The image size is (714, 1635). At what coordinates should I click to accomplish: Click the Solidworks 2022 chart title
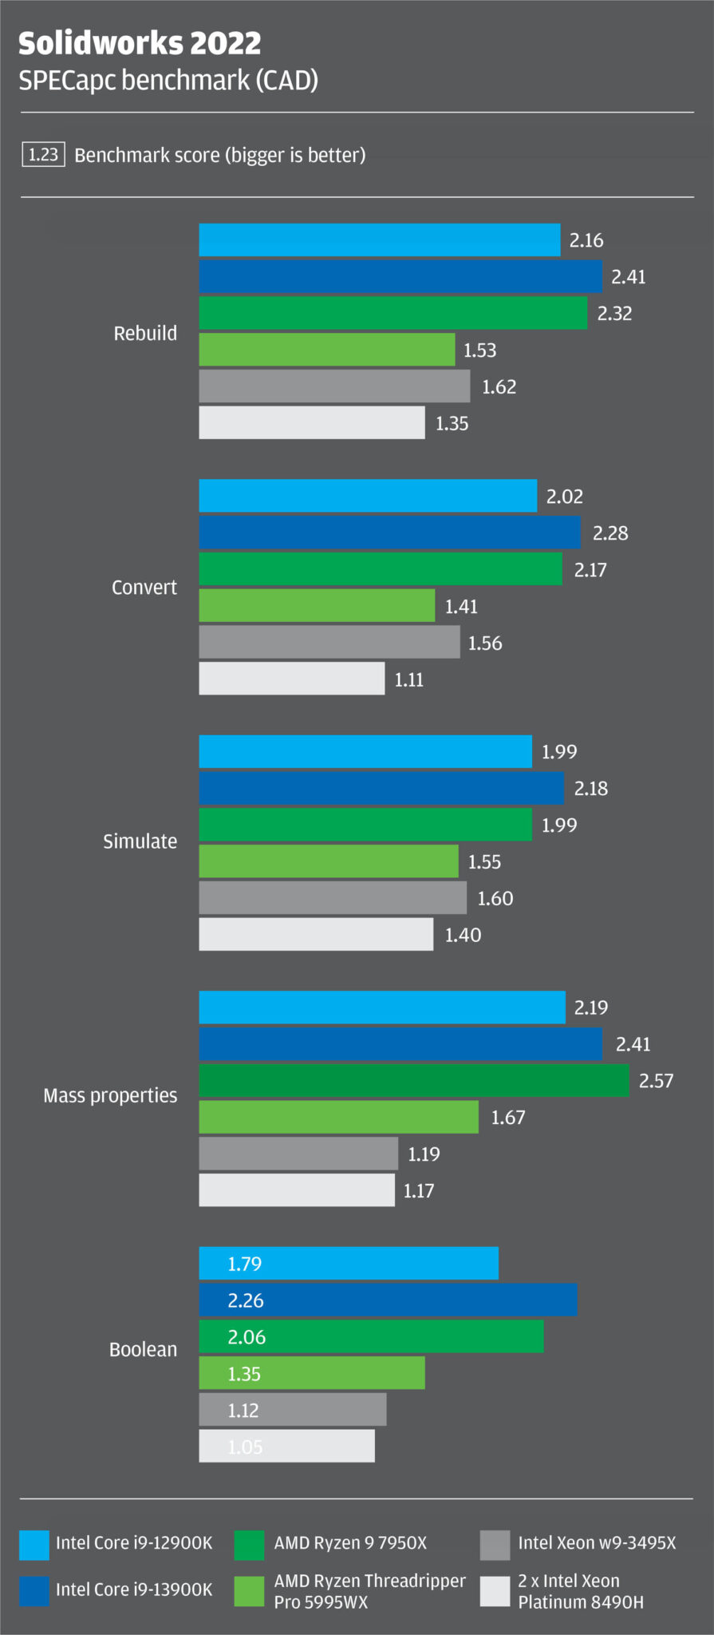[140, 43]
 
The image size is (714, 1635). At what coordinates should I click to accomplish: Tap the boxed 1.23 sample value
[43, 154]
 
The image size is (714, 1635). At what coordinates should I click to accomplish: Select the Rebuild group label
[145, 333]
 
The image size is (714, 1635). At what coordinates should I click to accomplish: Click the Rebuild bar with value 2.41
[400, 276]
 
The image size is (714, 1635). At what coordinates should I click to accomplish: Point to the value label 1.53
[479, 350]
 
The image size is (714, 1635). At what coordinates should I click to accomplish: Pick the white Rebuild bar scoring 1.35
[311, 422]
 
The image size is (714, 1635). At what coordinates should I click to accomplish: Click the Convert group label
[144, 588]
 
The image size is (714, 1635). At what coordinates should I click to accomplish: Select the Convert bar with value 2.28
[389, 532]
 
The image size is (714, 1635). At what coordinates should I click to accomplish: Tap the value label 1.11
[408, 679]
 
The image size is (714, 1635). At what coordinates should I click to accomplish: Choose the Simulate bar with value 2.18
[381, 788]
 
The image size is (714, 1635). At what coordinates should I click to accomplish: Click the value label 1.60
[495, 898]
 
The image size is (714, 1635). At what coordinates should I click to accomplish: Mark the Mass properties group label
[110, 1095]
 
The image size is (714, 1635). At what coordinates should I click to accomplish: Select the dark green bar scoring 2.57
[413, 1080]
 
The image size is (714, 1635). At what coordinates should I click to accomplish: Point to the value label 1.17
[418, 1190]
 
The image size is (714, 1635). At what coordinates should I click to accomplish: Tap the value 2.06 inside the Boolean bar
[247, 1336]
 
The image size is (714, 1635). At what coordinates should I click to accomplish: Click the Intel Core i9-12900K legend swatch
[34, 1545]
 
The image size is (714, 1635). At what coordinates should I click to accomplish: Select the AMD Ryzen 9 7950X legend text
[350, 1542]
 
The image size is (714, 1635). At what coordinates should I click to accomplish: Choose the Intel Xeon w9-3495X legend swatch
[495, 1545]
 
